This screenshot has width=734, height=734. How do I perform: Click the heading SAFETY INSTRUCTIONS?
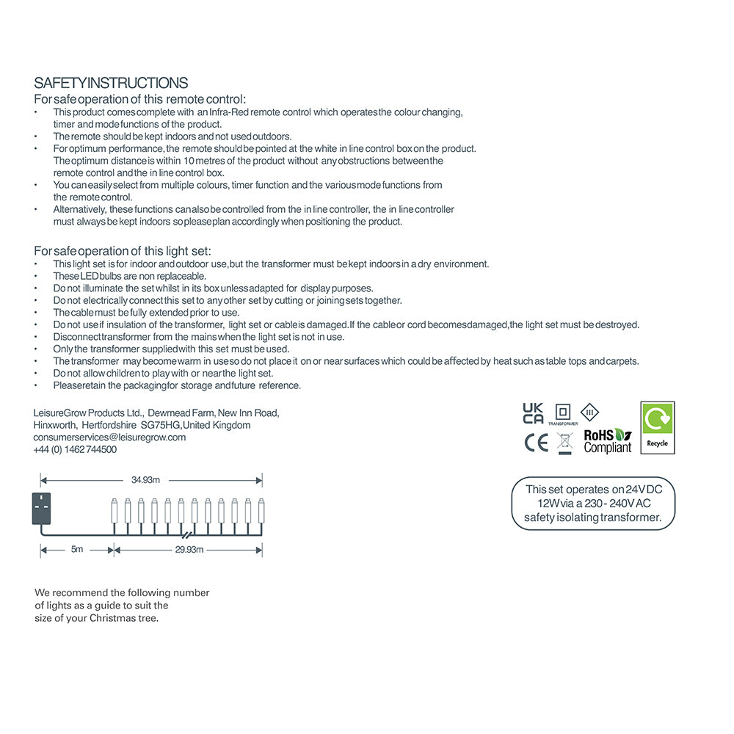[111, 83]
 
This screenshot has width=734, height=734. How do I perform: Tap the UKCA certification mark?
[533, 413]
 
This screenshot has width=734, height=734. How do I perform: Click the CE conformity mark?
[536, 443]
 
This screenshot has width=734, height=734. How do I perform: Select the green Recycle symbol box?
[657, 427]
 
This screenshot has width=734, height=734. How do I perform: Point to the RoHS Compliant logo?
[607, 441]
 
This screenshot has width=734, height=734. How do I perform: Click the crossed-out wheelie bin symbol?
[564, 443]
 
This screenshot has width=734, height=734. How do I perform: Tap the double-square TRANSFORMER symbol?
[563, 412]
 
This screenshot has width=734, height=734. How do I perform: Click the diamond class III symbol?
[589, 411]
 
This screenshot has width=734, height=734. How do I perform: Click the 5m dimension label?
[77, 549]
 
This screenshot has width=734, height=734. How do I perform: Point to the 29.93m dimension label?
[189, 549]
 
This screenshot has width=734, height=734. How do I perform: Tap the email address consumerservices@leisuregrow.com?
[109, 437]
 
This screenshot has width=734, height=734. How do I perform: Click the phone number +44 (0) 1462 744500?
[75, 449]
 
